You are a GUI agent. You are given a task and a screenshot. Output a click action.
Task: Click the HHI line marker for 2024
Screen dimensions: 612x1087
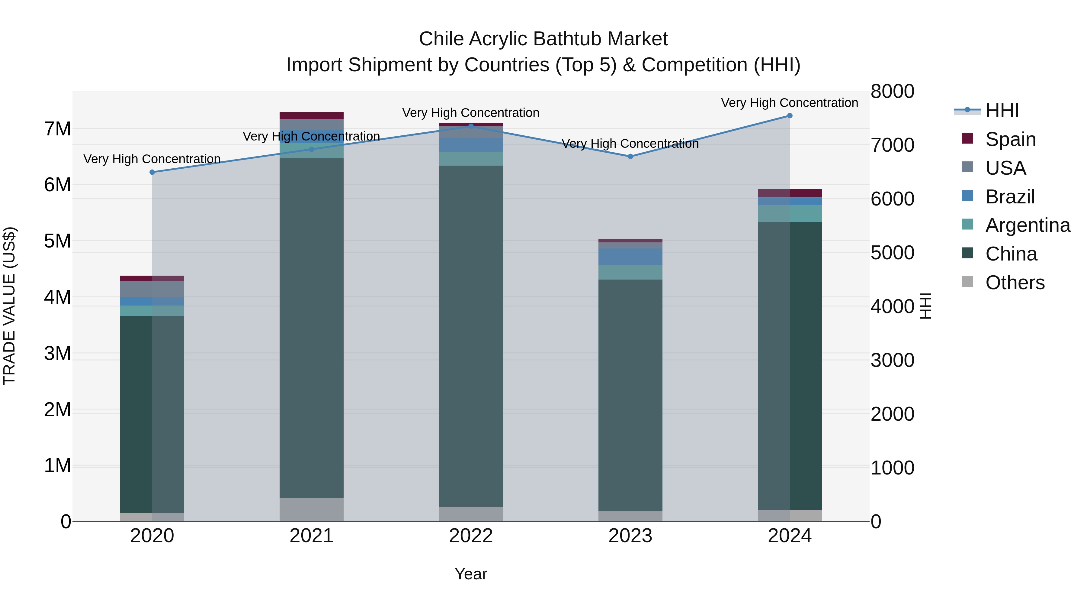click(790, 116)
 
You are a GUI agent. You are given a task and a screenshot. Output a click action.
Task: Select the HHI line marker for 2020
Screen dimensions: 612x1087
click(152, 172)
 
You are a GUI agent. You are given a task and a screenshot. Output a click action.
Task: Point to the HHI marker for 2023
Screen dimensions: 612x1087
click(630, 156)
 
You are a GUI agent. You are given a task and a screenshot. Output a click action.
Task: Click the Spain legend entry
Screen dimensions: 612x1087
click(1010, 139)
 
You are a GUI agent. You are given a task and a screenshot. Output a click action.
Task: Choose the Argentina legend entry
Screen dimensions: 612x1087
click(1028, 225)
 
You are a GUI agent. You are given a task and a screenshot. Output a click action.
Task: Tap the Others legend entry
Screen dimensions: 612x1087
click(1015, 283)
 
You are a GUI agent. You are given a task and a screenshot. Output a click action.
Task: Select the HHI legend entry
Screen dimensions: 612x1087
click(1002, 111)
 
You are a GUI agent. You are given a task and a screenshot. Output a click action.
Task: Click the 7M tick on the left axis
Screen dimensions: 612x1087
click(57, 129)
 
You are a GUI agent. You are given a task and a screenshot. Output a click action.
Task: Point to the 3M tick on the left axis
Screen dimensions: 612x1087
click(57, 354)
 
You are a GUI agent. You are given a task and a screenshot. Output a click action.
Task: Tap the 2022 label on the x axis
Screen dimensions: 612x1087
click(471, 536)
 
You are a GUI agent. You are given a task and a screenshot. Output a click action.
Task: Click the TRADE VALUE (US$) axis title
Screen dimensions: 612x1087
click(10, 306)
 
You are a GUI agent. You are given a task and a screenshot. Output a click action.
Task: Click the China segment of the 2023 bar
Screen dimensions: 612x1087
click(630, 395)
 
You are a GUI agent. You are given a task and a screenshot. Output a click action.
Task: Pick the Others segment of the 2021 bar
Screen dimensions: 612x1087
click(311, 509)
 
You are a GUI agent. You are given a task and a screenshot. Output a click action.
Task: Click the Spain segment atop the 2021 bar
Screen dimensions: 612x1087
click(311, 116)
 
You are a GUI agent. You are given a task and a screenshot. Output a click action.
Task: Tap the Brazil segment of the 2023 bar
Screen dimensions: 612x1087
click(630, 257)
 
